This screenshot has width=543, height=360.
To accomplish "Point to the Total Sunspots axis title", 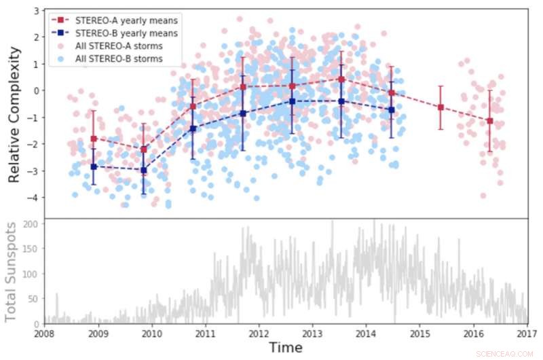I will click(x=11, y=270).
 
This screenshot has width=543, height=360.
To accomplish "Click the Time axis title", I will click(x=285, y=347).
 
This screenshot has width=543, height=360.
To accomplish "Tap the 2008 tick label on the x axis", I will click(x=45, y=333).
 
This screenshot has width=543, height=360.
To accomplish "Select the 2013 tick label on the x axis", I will click(x=312, y=333).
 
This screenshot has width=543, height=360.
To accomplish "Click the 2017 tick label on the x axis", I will click(x=526, y=333).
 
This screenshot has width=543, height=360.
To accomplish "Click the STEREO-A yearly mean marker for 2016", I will click(x=489, y=121).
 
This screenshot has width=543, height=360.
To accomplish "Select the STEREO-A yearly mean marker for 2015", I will click(x=441, y=107).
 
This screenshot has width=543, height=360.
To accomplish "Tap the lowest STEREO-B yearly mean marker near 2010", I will click(x=143, y=170).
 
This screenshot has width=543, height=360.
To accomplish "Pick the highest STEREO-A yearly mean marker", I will click(x=341, y=79).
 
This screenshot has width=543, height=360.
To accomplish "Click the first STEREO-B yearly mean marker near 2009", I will click(x=94, y=166).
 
